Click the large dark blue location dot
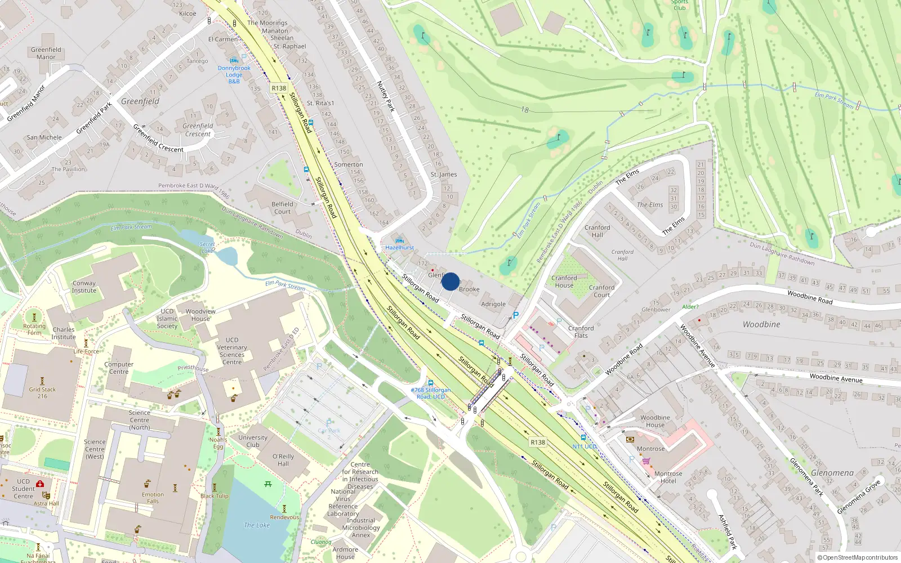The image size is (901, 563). click(450, 281)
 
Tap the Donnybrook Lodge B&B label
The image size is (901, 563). click(234, 75)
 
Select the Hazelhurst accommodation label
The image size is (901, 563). click(399, 248)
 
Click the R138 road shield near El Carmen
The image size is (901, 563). click(279, 88)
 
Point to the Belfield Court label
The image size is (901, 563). click(282, 208)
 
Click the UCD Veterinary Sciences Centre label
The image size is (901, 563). click(232, 351)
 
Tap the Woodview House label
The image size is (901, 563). click(200, 315)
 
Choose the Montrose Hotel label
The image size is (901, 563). click(668, 477)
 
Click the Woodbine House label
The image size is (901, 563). click(655, 421)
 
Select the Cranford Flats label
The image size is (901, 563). click(581, 332)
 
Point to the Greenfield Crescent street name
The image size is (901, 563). click(158, 138)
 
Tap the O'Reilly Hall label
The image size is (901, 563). click(283, 460)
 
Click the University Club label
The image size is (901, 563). click(253, 441)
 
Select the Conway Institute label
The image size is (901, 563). click(84, 287)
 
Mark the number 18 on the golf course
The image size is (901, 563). click(525, 110)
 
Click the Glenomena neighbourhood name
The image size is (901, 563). click(832, 473)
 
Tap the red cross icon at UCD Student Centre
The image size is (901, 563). click(40, 484)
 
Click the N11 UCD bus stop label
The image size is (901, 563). click(585, 446)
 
